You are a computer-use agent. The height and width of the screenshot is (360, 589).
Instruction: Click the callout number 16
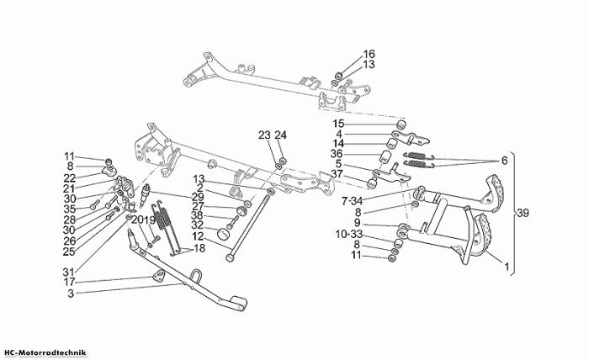[x=369, y=54]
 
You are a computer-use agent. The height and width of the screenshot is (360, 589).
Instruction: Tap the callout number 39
[x=523, y=213]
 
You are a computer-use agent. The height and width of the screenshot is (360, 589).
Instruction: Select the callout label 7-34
[x=352, y=202]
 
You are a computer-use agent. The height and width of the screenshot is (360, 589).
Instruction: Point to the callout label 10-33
[x=349, y=235]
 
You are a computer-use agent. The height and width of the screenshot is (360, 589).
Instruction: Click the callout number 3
[x=71, y=294]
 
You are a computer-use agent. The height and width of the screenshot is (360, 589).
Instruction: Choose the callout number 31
[x=69, y=271]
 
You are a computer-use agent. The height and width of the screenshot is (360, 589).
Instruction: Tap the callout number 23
[x=264, y=135]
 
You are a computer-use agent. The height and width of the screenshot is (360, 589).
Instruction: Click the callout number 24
[x=280, y=135]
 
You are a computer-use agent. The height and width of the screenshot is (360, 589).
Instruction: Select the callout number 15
[x=338, y=124]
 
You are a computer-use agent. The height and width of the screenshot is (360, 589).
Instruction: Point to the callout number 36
[x=337, y=154]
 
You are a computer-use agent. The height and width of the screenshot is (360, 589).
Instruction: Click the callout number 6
[x=504, y=161]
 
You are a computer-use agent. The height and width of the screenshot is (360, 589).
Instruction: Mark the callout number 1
[x=507, y=267]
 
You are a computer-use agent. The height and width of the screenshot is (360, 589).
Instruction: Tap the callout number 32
[x=198, y=225]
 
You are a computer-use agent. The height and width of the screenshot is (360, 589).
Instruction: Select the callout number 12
[x=198, y=236]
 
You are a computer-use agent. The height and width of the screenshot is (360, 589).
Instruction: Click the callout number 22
[x=70, y=178]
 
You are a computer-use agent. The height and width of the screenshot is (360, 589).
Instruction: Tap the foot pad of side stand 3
[x=238, y=303]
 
